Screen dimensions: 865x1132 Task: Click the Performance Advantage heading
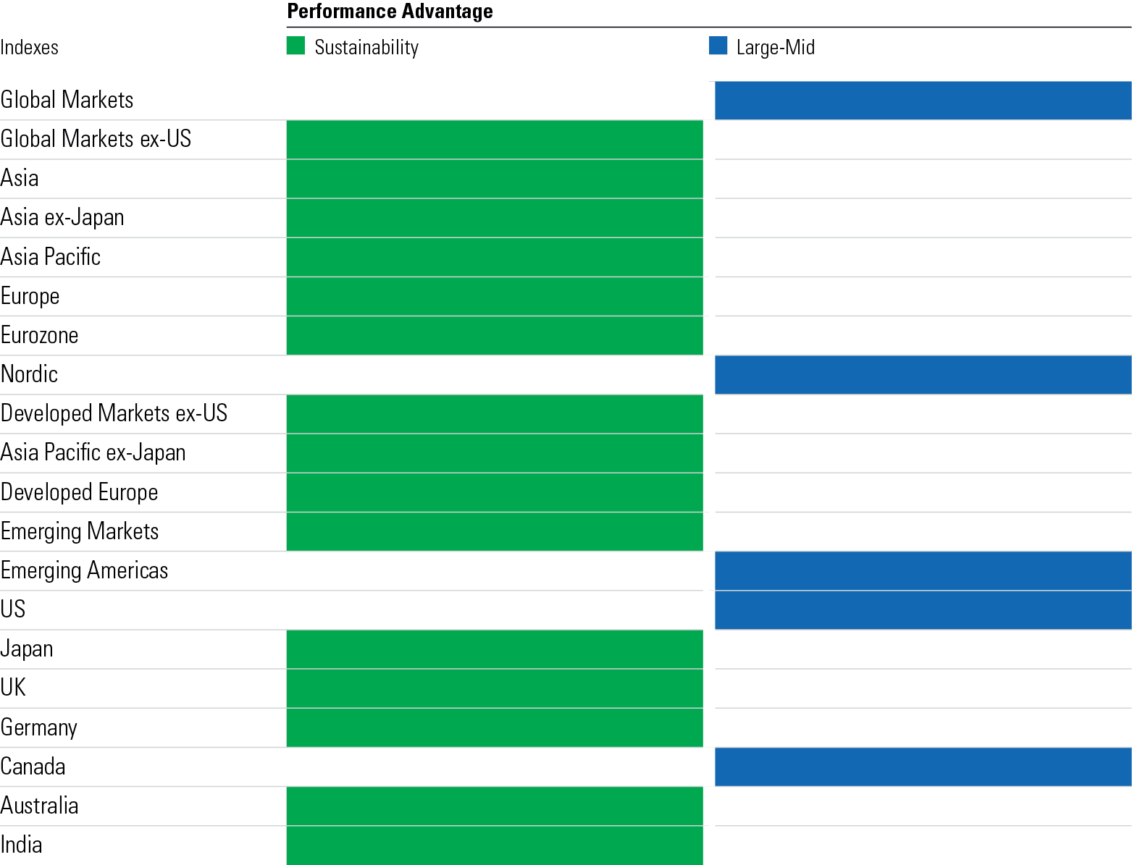tap(390, 12)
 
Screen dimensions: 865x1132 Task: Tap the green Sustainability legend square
tap(295, 46)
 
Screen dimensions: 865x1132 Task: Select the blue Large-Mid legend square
tap(718, 46)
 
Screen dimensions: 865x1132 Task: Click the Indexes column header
tap(30, 48)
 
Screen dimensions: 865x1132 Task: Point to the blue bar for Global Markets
tap(923, 100)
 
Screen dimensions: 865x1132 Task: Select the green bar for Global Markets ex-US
tap(495, 140)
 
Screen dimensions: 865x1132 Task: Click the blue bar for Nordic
tap(923, 375)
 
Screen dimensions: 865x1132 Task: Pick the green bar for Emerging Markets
tap(495, 531)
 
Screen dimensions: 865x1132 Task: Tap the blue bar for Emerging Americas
tap(923, 571)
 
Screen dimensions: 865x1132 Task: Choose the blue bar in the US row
tap(923, 610)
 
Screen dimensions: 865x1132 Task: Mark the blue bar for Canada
tap(923, 767)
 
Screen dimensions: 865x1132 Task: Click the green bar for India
tap(495, 845)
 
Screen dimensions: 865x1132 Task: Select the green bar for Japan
tap(495, 649)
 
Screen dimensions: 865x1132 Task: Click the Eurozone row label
tap(40, 335)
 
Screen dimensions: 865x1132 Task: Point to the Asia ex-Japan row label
tap(62, 218)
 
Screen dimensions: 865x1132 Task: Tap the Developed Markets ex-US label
tap(114, 413)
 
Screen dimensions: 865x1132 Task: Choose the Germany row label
tap(39, 727)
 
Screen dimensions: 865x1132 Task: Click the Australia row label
tap(40, 806)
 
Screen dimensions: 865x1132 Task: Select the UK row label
tap(13, 688)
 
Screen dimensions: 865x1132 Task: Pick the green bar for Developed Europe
tap(495, 492)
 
